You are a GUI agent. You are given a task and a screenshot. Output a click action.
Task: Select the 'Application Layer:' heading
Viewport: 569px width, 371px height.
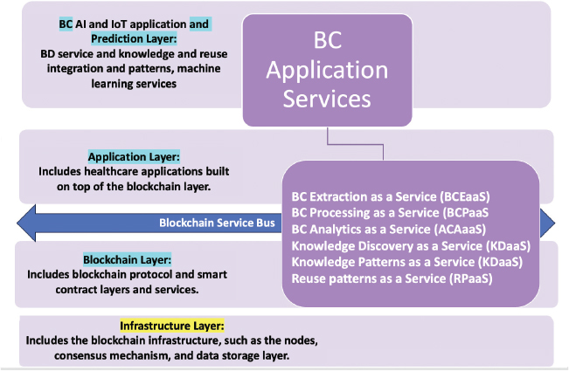coord(134,155)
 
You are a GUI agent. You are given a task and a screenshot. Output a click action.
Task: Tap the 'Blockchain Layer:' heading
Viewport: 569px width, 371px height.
coord(127,259)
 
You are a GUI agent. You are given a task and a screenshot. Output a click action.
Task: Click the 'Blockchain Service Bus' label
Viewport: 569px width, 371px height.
coord(215,222)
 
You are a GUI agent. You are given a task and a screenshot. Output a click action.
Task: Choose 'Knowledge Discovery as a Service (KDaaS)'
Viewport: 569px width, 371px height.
coord(411,245)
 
